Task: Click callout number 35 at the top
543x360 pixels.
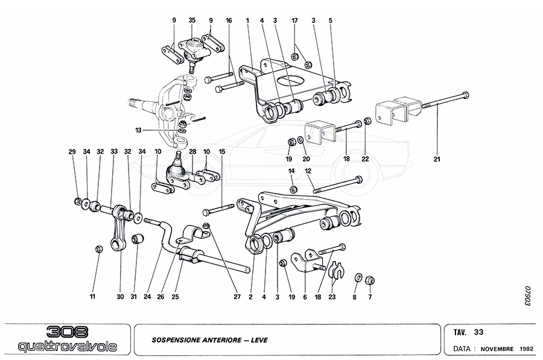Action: tap(192, 21)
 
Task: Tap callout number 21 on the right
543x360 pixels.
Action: tap(437, 159)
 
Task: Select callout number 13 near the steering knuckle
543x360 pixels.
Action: tap(138, 130)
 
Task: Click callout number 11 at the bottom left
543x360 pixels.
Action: tap(93, 297)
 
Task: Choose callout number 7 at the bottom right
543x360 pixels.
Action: tap(370, 297)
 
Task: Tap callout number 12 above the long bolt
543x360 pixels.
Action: tap(308, 171)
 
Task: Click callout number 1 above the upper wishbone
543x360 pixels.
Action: tap(248, 21)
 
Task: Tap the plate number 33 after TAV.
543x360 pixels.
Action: tap(478, 332)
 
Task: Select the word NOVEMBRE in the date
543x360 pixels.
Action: tap(498, 349)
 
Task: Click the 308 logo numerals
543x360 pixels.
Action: tap(67, 332)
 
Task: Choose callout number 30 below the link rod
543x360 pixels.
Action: tap(119, 297)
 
